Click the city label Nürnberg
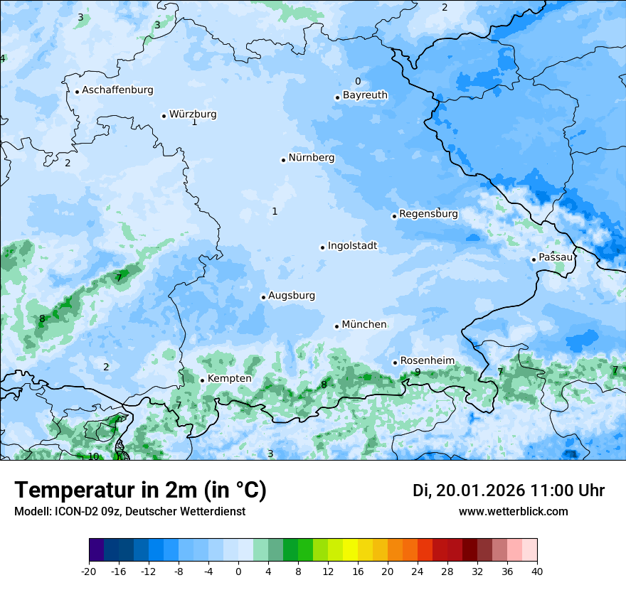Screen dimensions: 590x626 click(311, 158)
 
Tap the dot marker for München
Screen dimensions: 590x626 click(336, 326)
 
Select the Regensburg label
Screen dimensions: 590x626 click(428, 214)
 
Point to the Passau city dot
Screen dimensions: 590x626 click(534, 259)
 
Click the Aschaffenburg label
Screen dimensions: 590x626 click(117, 90)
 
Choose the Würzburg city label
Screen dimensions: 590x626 click(193, 114)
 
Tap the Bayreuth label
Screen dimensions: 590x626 click(365, 95)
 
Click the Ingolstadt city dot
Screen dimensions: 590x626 click(322, 247)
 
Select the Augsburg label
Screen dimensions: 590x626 click(292, 296)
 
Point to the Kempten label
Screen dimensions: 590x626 click(229, 379)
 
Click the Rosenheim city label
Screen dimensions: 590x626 click(427, 361)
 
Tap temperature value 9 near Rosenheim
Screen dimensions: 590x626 click(418, 372)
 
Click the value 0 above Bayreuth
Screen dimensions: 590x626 click(358, 82)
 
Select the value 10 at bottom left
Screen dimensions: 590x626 click(93, 456)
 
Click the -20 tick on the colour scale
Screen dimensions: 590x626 click(89, 571)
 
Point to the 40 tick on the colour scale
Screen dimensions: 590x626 click(536, 571)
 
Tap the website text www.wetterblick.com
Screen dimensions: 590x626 click(513, 512)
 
